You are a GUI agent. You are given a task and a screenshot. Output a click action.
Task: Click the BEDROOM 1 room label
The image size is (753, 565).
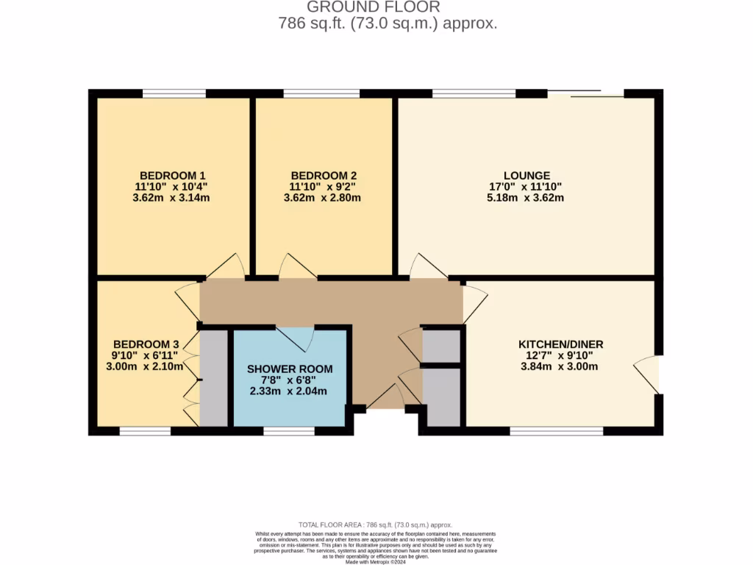(x=173, y=176)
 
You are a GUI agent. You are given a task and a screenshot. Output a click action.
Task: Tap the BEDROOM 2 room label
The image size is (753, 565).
(x=324, y=176)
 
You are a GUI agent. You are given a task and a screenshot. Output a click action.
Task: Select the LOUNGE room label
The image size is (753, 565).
(x=527, y=176)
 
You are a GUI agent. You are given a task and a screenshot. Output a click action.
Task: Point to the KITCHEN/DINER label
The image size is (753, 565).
(x=561, y=344)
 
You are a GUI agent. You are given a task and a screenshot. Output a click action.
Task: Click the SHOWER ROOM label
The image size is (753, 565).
(x=290, y=369)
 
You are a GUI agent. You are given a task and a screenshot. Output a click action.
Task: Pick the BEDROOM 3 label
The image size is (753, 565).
(x=146, y=344)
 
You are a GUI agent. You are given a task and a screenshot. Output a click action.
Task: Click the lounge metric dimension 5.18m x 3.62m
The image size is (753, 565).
(x=527, y=197)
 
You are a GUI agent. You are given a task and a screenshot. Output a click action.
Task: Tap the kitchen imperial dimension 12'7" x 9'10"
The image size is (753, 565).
(x=561, y=355)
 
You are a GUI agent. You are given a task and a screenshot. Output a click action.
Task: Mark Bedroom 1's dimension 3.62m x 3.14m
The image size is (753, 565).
(x=173, y=197)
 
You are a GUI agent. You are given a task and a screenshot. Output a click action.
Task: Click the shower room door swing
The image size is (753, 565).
(x=296, y=338)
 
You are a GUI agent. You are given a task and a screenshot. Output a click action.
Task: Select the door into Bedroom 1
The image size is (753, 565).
(x=227, y=267)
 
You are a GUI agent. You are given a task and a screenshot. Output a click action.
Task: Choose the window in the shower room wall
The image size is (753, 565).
(x=288, y=431)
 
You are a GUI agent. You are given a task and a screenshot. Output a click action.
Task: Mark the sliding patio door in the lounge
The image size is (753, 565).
(x=585, y=93)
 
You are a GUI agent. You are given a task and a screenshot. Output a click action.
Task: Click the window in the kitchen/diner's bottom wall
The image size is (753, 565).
(x=556, y=431)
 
